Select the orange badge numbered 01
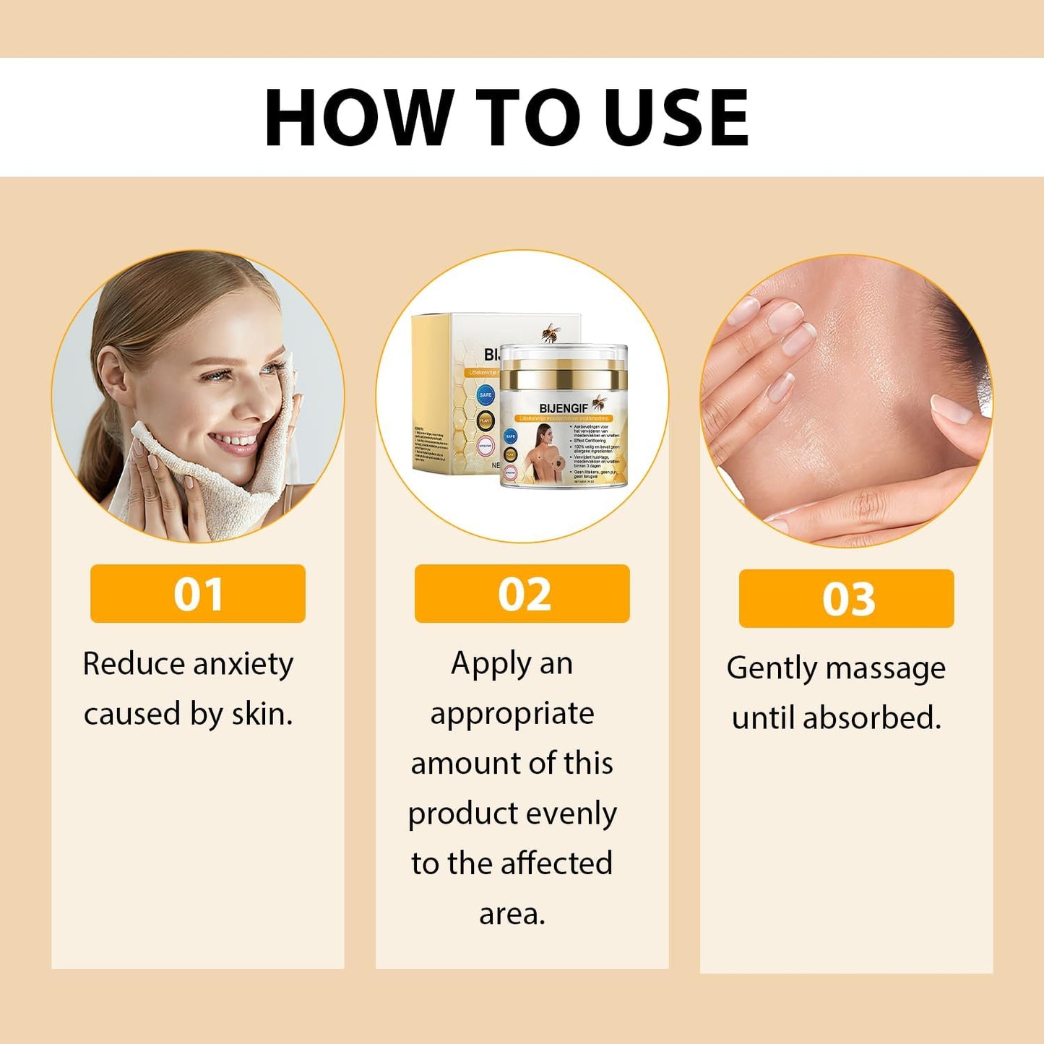[197, 594]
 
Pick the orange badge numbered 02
[522, 594]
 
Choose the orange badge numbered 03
[846, 599]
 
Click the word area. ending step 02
[512, 914]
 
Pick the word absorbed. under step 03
[872, 718]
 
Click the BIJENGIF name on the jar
[564, 409]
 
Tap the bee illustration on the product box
[552, 333]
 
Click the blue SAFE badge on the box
[486, 394]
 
